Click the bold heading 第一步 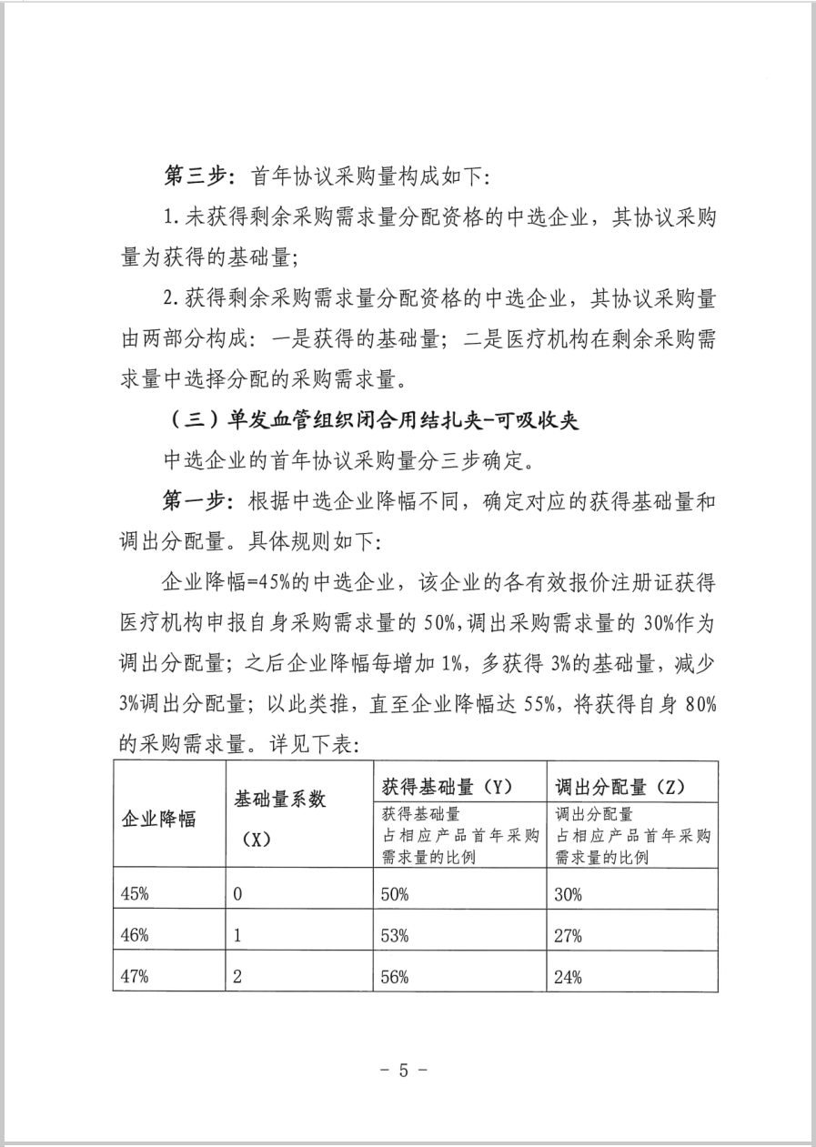[x=194, y=502]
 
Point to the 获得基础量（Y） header [x=445, y=785]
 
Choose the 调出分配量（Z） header [x=619, y=785]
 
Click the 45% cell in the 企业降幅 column [x=135, y=892]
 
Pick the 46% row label [x=135, y=935]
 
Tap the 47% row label [x=135, y=977]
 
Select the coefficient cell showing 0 [x=237, y=892]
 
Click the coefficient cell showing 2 [x=238, y=977]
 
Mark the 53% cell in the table [x=395, y=935]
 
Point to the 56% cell [x=395, y=977]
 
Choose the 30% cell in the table [x=568, y=892]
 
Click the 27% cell [x=568, y=935]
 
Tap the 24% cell [x=568, y=977]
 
